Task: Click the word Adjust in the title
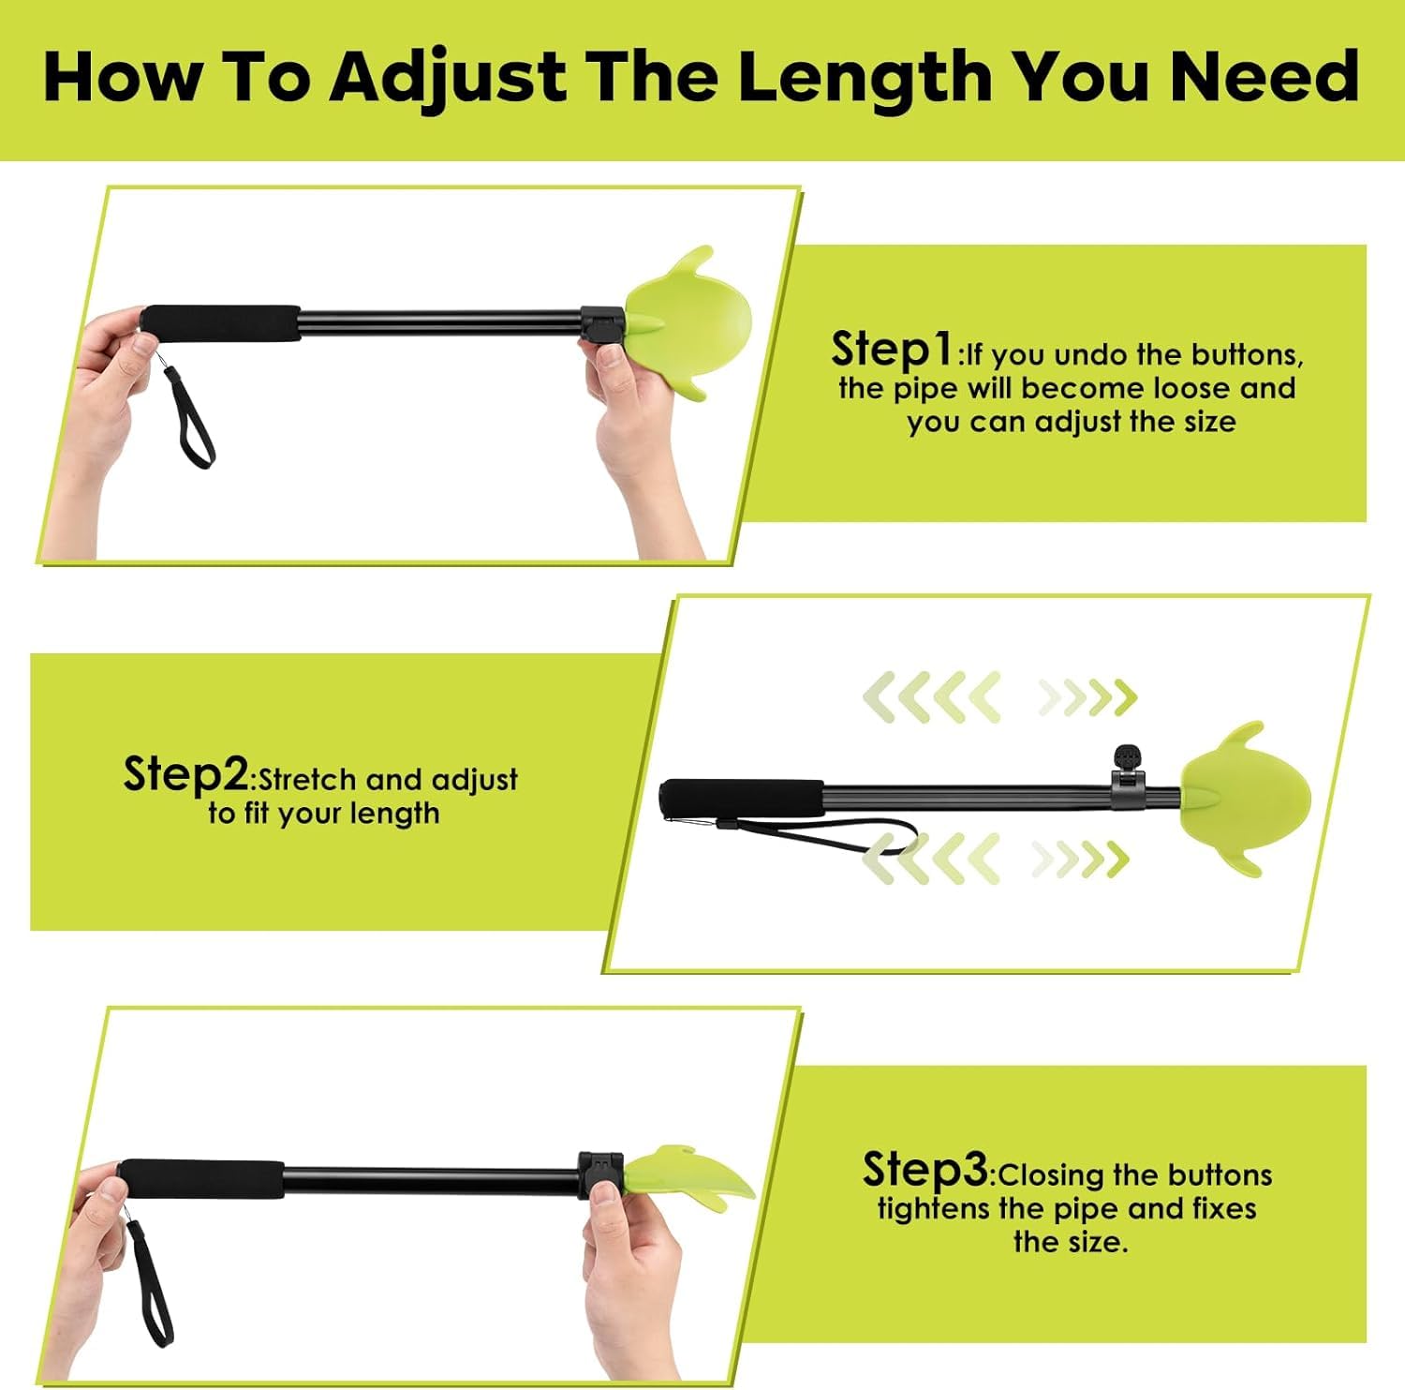point(448,78)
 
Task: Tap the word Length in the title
point(865,78)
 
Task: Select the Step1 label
point(892,350)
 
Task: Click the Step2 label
point(185,774)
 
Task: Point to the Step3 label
point(924,1170)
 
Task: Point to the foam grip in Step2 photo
point(743,799)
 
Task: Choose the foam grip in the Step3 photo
point(201,1180)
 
